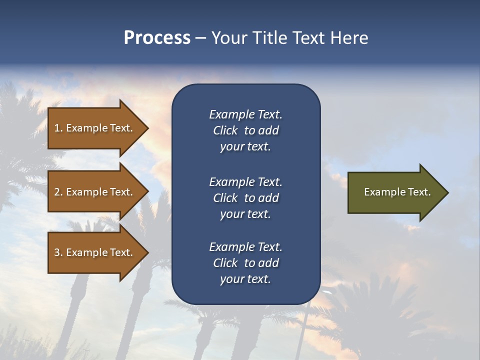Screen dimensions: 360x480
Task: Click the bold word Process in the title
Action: tap(157, 38)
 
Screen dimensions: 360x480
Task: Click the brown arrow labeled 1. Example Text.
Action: tap(95, 128)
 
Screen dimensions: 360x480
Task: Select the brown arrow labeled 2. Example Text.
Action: tap(95, 192)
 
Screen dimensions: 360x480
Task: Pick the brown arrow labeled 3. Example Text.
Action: tap(95, 252)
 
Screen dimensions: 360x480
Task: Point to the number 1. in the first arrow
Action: tap(58, 128)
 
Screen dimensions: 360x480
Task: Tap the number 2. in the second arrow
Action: tap(58, 192)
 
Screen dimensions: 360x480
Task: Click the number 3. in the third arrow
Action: tap(58, 252)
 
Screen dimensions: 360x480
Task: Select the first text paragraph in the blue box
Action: tap(245, 130)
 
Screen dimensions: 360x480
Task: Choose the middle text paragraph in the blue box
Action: tap(245, 198)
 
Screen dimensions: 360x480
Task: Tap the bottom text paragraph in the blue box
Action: tap(245, 263)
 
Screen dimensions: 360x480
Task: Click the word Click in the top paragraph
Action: tap(225, 130)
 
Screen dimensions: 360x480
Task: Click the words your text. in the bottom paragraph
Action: tap(245, 279)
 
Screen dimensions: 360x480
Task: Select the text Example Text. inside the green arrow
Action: tap(397, 192)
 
